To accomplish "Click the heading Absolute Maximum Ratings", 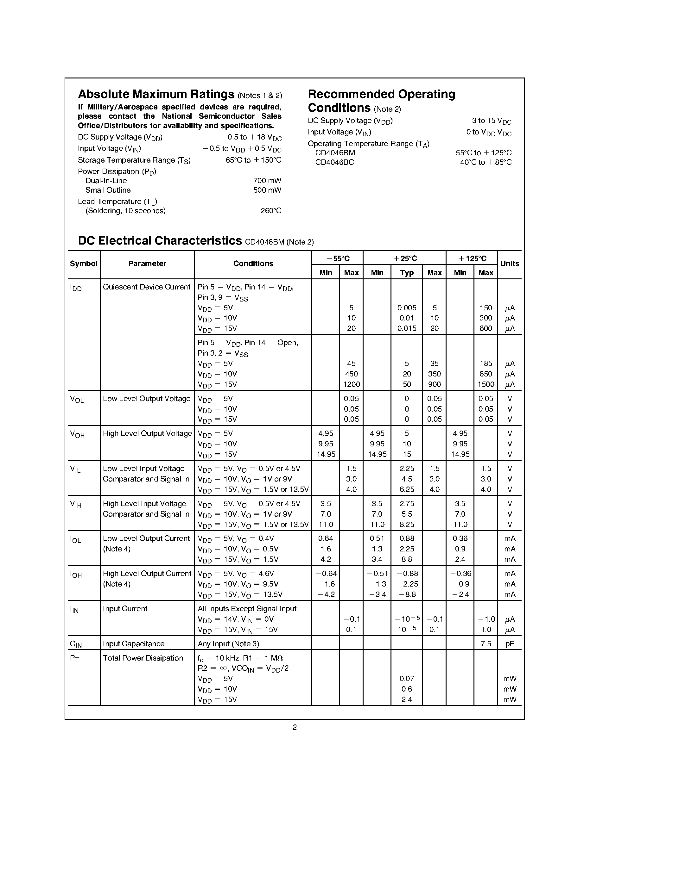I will pyautogui.click(x=156, y=94).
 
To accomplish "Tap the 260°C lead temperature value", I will pyautogui.click(x=271, y=211).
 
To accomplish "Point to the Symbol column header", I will pyautogui.click(x=83, y=264).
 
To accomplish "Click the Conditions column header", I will pyautogui.click(x=253, y=264).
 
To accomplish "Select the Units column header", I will pyautogui.click(x=510, y=264).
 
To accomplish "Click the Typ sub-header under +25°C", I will pyautogui.click(x=407, y=273).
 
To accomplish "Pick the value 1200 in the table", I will pyautogui.click(x=351, y=384).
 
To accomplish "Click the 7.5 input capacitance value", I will pyautogui.click(x=486, y=644).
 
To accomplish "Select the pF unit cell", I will pyautogui.click(x=510, y=644).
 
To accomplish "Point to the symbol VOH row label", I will pyautogui.click(x=77, y=434).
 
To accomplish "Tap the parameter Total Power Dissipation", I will pyautogui.click(x=143, y=658).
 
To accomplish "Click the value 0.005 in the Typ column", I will pyautogui.click(x=407, y=308).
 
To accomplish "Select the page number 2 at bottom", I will pyautogui.click(x=295, y=727).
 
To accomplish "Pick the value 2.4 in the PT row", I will pyautogui.click(x=407, y=699).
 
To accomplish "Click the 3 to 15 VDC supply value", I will pyautogui.click(x=491, y=121).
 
